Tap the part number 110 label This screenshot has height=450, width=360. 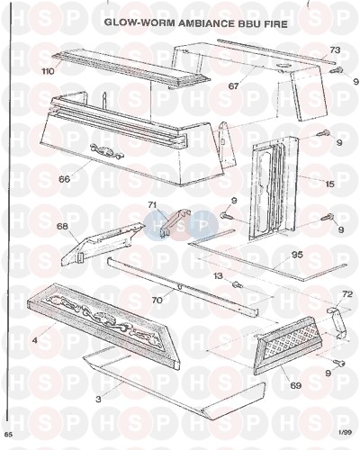pos(48,71)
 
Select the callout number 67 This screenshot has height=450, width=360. pos(233,86)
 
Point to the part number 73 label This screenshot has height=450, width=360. pos(335,49)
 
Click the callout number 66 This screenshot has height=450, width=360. pos(64,179)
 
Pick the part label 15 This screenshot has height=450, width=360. pos(329,184)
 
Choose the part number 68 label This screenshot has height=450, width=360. pos(62,226)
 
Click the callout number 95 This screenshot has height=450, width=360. pos(297,255)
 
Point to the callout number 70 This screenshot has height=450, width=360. pos(157,300)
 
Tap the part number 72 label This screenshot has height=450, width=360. pos(346,294)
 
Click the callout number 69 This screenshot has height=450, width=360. pos(295,385)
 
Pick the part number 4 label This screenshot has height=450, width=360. pos(35,341)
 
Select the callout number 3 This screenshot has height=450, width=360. pos(98,400)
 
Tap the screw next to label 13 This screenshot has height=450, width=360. pos(238,283)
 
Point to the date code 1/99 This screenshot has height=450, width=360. pos(345,433)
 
